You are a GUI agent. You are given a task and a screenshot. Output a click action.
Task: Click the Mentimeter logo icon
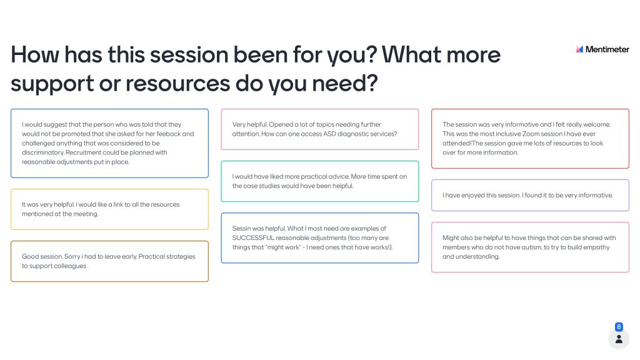pyautogui.click(x=579, y=49)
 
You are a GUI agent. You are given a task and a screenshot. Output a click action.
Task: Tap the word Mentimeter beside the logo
pyautogui.click(x=607, y=49)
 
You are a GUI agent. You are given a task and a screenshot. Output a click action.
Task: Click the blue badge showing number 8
pyautogui.click(x=619, y=327)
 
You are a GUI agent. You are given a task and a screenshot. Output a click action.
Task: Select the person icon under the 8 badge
pyautogui.click(x=619, y=339)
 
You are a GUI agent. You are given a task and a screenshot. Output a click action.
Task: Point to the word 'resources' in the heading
pyautogui.click(x=177, y=84)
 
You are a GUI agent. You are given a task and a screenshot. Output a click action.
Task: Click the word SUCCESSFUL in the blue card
pyautogui.click(x=253, y=238)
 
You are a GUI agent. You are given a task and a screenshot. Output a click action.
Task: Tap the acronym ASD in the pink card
pyautogui.click(x=329, y=134)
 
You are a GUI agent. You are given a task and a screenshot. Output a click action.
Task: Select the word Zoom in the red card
pyautogui.click(x=530, y=134)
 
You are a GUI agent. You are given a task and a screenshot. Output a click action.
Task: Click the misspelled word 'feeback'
pyautogui.click(x=169, y=134)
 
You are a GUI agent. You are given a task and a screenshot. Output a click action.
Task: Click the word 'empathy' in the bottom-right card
pyautogui.click(x=597, y=247)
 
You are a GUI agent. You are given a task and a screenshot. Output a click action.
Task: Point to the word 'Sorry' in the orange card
pyautogui.click(x=72, y=257)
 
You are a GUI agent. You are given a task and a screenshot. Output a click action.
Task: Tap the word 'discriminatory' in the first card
pyautogui.click(x=43, y=152)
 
